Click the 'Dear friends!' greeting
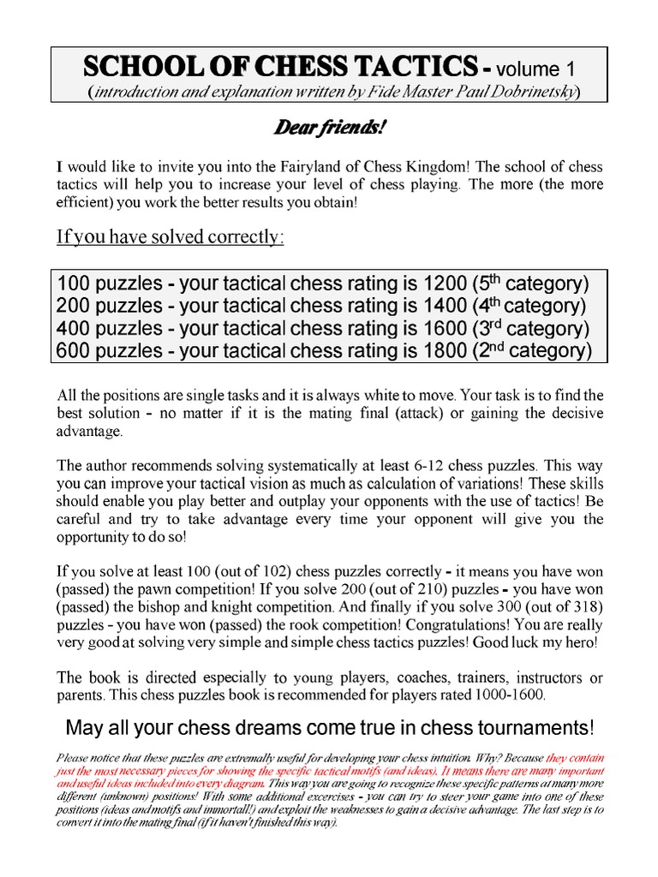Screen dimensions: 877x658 click(x=329, y=128)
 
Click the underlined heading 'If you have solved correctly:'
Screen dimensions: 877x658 click(x=169, y=237)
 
